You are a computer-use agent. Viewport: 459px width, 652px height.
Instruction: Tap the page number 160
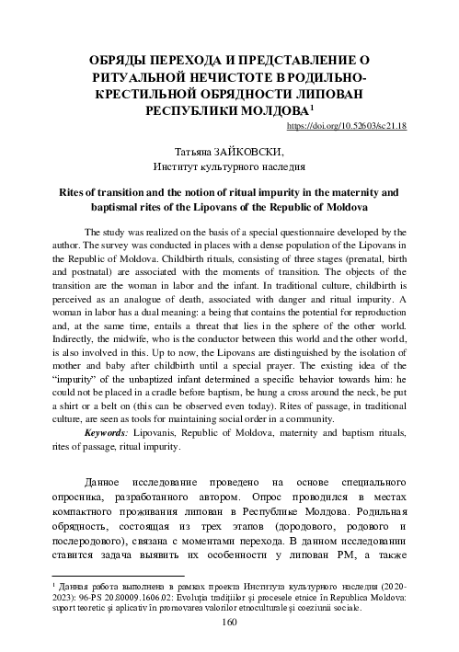point(230,623)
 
